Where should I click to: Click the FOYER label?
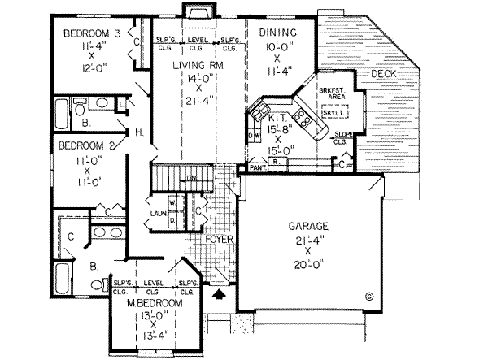pos(219,241)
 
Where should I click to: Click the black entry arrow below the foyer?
pos(216,297)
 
